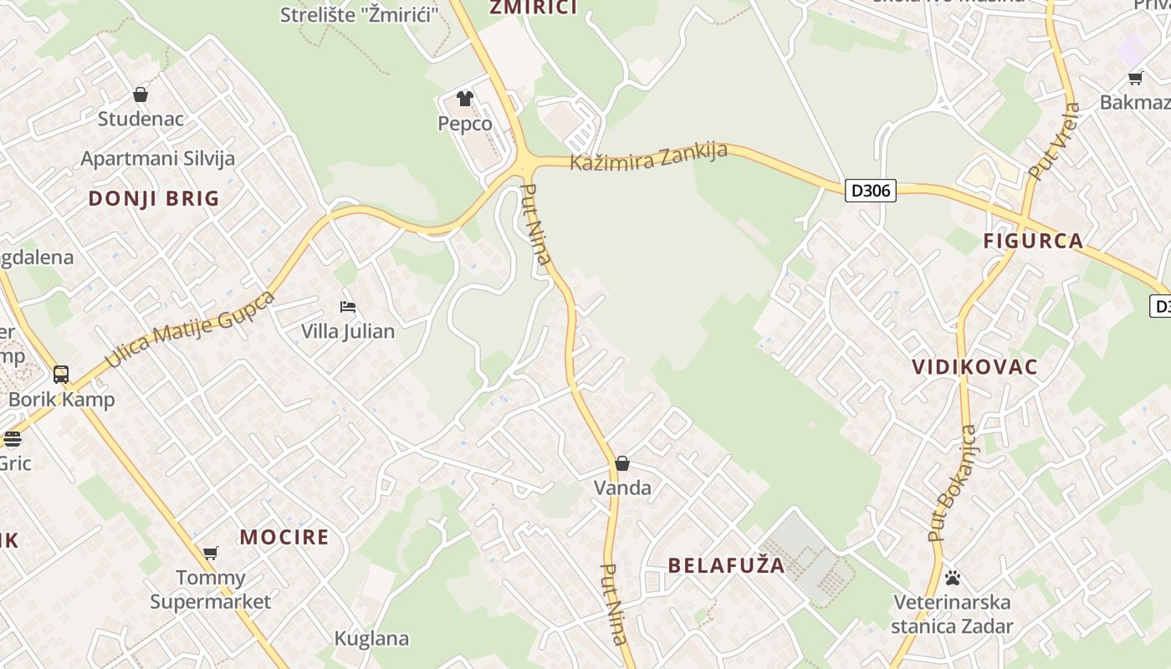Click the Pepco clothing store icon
[x=465, y=99]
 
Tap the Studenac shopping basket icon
[x=141, y=94]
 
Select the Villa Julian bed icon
[x=348, y=307]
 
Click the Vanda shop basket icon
[x=622, y=463]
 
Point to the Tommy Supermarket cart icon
[x=211, y=553]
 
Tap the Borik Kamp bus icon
[x=61, y=374]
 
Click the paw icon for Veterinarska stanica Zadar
[x=952, y=578]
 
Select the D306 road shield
[x=870, y=191]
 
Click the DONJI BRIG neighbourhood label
[x=154, y=199]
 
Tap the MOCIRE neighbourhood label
[x=284, y=537]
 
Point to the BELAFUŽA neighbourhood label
[x=727, y=565]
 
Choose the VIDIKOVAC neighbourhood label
[x=975, y=367]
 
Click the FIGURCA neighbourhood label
[x=1033, y=242]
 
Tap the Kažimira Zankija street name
[x=648, y=156]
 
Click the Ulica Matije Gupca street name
[x=191, y=329]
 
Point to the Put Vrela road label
[x=1055, y=142]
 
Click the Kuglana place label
[x=371, y=639]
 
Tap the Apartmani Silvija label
[x=157, y=158]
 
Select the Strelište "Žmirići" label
[x=360, y=14]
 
